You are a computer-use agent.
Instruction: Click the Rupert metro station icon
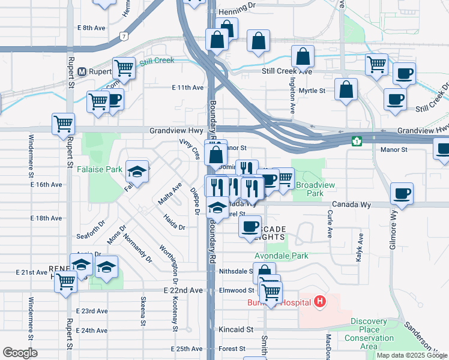(x=83, y=71)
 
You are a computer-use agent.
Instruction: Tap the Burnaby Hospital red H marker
(x=320, y=301)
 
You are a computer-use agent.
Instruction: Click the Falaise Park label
(x=100, y=170)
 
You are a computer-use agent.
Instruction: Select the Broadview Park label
(x=310, y=190)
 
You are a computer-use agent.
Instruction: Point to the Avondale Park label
(x=282, y=256)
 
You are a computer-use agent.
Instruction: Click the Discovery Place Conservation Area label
(x=369, y=329)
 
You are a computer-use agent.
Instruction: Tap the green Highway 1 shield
(x=357, y=141)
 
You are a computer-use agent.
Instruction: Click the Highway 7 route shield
(x=124, y=35)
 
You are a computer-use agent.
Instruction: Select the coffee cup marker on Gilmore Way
(x=402, y=194)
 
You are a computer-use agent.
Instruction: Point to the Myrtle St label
(x=312, y=91)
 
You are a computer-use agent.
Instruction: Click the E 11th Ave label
(x=187, y=88)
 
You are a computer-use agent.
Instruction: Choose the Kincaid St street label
(x=236, y=329)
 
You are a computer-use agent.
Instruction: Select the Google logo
(x=20, y=353)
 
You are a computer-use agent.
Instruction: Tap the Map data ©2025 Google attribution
(x=411, y=355)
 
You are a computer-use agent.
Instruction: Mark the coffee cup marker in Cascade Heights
(x=250, y=227)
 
